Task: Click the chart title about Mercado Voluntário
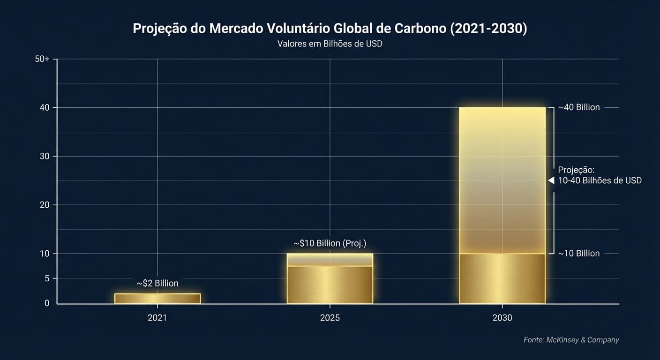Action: tap(330, 28)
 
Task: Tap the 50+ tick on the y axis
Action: tap(42, 59)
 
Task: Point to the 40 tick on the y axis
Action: tap(44, 107)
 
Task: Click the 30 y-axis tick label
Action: tap(44, 156)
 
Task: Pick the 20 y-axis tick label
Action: tap(44, 205)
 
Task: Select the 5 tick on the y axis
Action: tap(46, 278)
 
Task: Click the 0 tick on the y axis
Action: tap(46, 303)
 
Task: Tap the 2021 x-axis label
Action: tap(157, 318)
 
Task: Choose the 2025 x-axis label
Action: tap(330, 318)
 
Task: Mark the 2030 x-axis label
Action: tap(502, 318)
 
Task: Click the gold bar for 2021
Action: tap(157, 299)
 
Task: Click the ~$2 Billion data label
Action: tap(157, 284)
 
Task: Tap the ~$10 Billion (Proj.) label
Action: tap(330, 243)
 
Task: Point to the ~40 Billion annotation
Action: tap(578, 107)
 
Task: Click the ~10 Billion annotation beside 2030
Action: tap(578, 254)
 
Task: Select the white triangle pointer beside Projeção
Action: tap(551, 180)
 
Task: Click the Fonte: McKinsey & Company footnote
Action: tap(571, 340)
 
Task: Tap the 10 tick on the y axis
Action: tap(44, 254)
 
